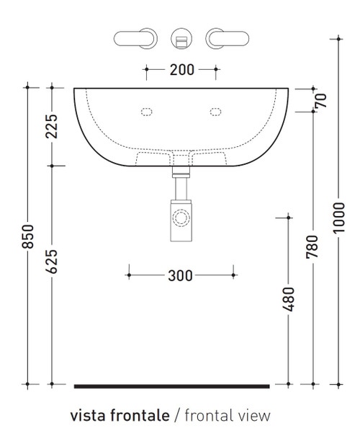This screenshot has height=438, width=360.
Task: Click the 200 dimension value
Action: [181, 70]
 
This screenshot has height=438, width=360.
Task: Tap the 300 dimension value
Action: [181, 274]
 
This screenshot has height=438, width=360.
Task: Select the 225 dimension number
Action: [52, 126]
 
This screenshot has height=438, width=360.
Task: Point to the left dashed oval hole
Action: [148, 112]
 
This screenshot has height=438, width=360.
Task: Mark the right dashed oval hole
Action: [215, 112]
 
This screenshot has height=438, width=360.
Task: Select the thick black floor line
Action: [171, 386]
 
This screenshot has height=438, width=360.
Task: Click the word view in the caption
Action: [255, 416]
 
